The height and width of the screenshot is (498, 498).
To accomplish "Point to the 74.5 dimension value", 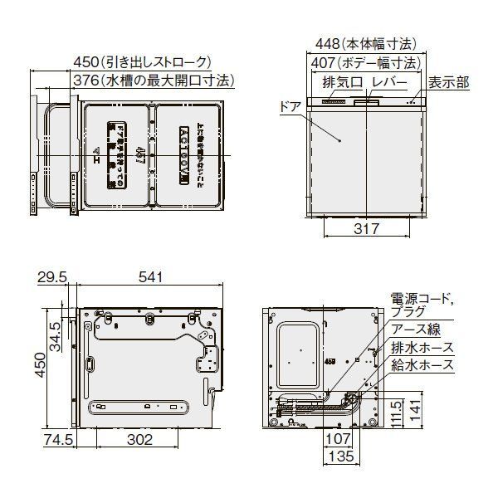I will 52,440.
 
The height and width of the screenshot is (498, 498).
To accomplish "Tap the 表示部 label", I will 448,82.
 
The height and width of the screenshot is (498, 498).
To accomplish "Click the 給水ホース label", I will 422,364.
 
